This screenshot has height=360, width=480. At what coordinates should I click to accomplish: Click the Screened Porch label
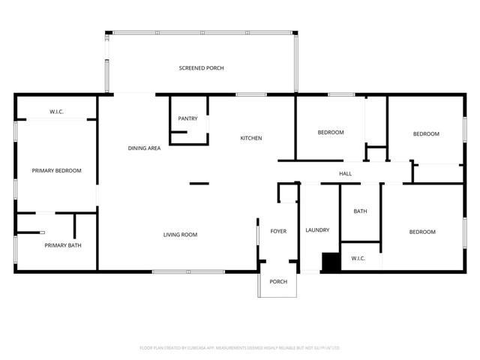pyautogui.click(x=201, y=68)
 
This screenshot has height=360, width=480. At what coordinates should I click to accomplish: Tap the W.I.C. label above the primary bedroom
pyautogui.click(x=56, y=112)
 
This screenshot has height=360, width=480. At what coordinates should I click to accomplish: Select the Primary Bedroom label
pyautogui.click(x=56, y=170)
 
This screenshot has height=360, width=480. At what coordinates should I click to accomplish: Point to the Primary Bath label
pyautogui.click(x=63, y=245)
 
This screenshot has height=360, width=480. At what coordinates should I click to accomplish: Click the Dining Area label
pyautogui.click(x=144, y=148)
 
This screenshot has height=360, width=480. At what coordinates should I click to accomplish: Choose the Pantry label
pyautogui.click(x=187, y=118)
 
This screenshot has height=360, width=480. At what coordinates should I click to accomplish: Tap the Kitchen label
pyautogui.click(x=250, y=138)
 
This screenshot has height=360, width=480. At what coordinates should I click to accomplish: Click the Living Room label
pyautogui.click(x=180, y=235)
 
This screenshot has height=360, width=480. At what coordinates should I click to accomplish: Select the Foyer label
pyautogui.click(x=278, y=231)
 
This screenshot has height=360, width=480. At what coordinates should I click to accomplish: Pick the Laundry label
pyautogui.click(x=317, y=230)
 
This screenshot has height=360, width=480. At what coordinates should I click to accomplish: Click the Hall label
pyautogui.click(x=345, y=174)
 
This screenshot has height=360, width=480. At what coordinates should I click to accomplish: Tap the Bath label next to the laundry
pyautogui.click(x=360, y=211)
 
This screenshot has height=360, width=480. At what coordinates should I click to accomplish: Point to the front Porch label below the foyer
pyautogui.click(x=278, y=281)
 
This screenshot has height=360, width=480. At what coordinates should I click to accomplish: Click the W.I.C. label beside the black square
pyautogui.click(x=358, y=259)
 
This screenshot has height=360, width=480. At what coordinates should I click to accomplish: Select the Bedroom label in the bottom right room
pyautogui.click(x=422, y=232)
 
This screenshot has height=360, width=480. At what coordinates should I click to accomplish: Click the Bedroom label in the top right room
pyautogui.click(x=426, y=133)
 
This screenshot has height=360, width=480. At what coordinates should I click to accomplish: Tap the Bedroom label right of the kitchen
pyautogui.click(x=330, y=133)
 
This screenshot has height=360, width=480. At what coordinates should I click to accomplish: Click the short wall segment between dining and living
pyautogui.click(x=199, y=183)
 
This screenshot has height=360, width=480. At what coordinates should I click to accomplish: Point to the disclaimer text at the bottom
pyautogui.click(x=240, y=348)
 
